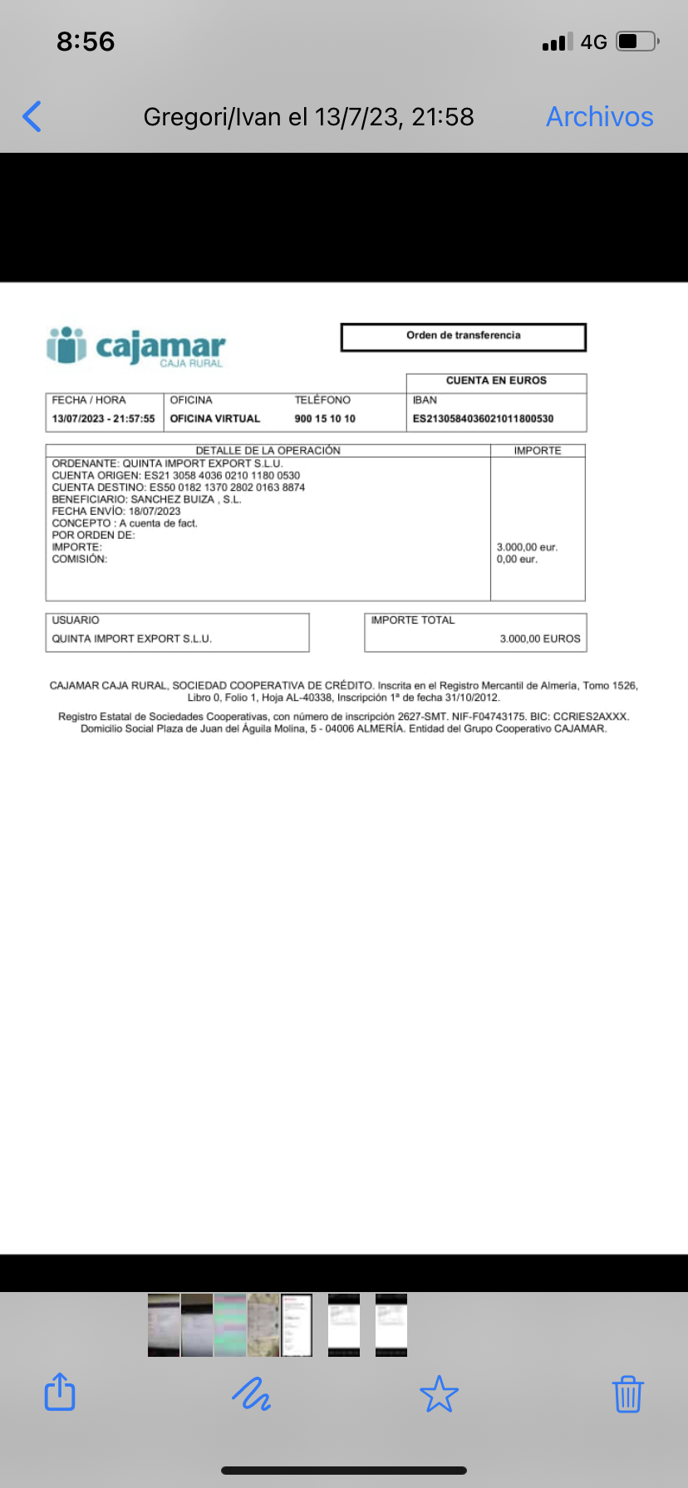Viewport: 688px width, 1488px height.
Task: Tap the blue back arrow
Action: pos(32,116)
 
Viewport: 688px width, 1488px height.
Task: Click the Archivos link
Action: pos(599,117)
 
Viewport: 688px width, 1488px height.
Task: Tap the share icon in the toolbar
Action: pos(60,1392)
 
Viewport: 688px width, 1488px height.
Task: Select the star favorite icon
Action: pos(439,1393)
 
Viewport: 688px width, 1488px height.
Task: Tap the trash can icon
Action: pos(627,1393)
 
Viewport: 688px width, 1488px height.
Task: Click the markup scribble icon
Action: pos(250,1393)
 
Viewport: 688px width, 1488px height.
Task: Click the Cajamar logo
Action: pos(136,346)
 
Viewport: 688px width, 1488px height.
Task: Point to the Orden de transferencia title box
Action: pos(463,336)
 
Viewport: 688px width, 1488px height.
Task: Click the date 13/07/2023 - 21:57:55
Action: pos(103,418)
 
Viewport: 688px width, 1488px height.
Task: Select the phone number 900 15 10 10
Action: pos(325,418)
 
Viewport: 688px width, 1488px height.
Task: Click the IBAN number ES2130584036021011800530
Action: pos(483,418)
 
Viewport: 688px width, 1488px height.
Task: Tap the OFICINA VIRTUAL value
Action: pos(215,418)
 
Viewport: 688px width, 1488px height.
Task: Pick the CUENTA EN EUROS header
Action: pos(496,381)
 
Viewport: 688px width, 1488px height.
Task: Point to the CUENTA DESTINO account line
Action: pos(179,487)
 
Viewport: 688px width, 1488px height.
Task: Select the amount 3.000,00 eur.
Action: pos(527,547)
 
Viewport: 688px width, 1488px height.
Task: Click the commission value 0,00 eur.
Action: pos(517,560)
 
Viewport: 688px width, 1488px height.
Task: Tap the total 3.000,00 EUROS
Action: pos(539,639)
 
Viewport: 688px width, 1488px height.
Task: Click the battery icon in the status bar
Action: pos(637,42)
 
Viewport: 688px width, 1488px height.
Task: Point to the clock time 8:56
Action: pos(86,42)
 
